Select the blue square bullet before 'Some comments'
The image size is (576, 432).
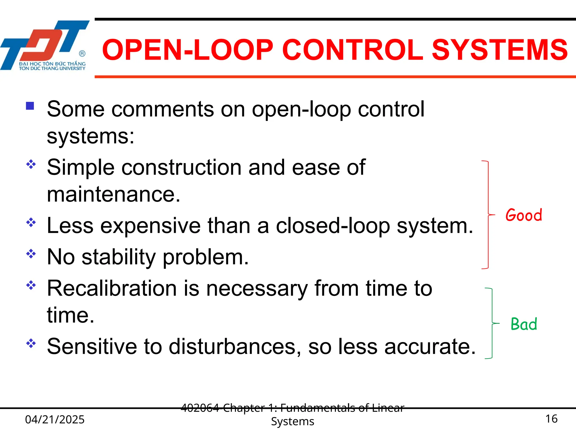click(x=30, y=106)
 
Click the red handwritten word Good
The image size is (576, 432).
click(x=524, y=215)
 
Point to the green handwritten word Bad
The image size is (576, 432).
click(x=524, y=324)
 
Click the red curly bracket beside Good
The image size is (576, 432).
click(x=488, y=215)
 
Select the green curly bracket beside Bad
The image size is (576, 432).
click(x=492, y=323)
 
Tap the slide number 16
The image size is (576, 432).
click(x=551, y=419)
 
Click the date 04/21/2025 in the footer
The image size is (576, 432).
click(x=55, y=419)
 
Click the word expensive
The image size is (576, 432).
click(x=150, y=226)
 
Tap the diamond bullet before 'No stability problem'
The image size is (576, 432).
click(x=31, y=254)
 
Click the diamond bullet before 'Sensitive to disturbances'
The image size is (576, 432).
click(x=31, y=343)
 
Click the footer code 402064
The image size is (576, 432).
click(x=200, y=408)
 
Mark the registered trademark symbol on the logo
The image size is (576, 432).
click(x=82, y=53)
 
